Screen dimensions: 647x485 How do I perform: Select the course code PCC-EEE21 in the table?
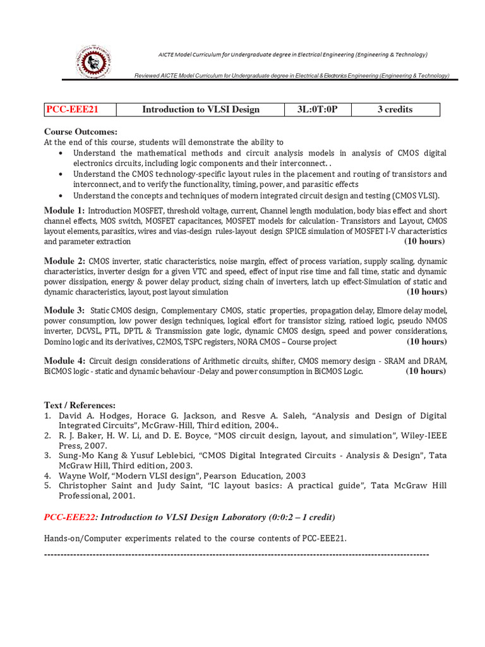pyautogui.click(x=72, y=109)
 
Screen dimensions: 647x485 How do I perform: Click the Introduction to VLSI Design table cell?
pyautogui.click(x=200, y=109)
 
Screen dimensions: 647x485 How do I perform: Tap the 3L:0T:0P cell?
pyautogui.click(x=318, y=109)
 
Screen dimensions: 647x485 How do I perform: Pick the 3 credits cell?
pyautogui.click(x=395, y=109)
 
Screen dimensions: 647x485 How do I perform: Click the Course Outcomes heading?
pyautogui.click(x=80, y=131)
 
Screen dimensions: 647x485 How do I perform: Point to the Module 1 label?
pyautogui.click(x=64, y=210)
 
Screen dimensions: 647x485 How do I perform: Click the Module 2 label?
pyautogui.click(x=64, y=261)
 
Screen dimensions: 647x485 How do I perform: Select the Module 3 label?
pyautogui.click(x=64, y=310)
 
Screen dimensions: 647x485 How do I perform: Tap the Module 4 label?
pyautogui.click(x=64, y=360)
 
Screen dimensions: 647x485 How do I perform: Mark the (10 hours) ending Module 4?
pyautogui.click(x=426, y=371)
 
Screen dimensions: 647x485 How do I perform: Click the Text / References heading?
pyautogui.click(x=80, y=404)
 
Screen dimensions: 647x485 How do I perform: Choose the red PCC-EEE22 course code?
pyautogui.click(x=70, y=517)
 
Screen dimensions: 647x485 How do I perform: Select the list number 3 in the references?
pyautogui.click(x=47, y=455)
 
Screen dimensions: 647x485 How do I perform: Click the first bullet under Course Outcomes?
pyautogui.click(x=60, y=154)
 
